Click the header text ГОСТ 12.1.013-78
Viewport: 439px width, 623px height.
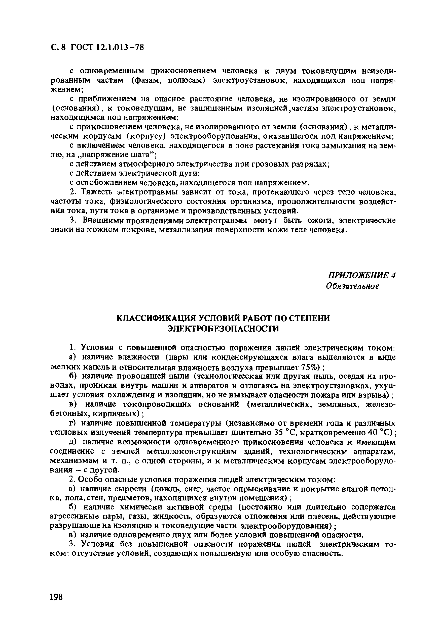pos(107,47)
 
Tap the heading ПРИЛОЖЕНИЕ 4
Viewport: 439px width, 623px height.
pos(361,275)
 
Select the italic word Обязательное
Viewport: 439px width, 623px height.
pos(353,286)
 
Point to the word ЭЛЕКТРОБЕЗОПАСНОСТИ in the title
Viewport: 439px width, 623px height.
pos(223,329)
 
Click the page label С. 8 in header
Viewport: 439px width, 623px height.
pos(58,47)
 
